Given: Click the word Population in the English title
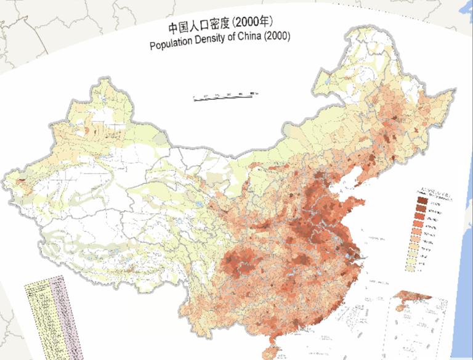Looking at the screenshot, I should click(174, 47).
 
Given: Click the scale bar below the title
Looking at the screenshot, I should click(225, 96).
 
